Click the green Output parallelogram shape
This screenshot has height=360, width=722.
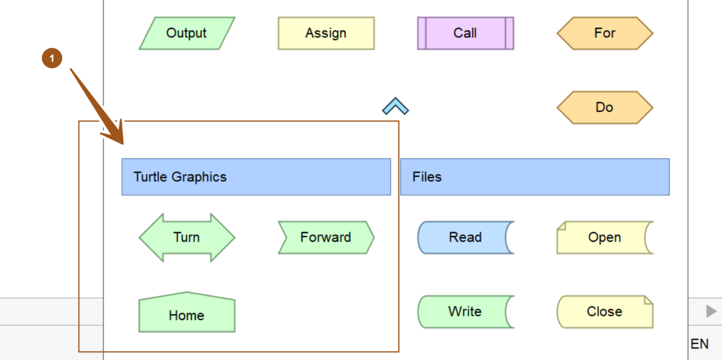pos(187,33)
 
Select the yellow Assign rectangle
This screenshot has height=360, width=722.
pos(326,33)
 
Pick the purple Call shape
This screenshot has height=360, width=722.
pos(465,33)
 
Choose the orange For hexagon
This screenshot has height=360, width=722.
pos(604,33)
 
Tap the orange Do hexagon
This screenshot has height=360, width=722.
pos(604,108)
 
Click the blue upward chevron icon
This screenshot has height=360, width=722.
pos(395,107)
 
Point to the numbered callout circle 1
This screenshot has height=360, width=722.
pos(52,59)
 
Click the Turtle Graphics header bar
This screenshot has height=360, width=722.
pos(256,177)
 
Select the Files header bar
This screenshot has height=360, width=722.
pos(534,177)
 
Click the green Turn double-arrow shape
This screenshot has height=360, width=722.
pos(187,237)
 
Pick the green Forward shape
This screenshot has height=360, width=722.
pos(326,237)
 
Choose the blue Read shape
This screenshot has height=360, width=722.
pos(465,237)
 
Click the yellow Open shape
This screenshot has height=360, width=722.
pos(604,237)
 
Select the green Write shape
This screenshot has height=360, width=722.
pos(465,312)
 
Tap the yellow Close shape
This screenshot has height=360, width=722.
pos(604,312)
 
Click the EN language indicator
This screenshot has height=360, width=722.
pos(699,344)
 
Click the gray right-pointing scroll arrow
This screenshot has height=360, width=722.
pos(711,311)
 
